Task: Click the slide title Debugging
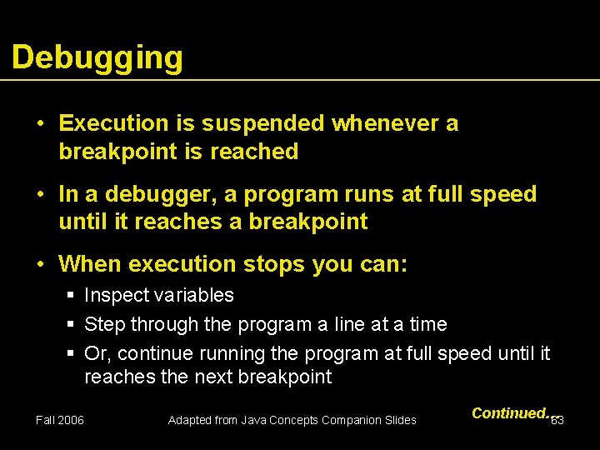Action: (x=97, y=58)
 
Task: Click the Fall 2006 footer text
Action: (x=60, y=420)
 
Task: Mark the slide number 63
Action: (x=558, y=420)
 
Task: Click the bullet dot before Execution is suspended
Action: (x=40, y=124)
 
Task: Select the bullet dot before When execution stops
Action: (x=40, y=265)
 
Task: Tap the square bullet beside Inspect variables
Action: (x=72, y=296)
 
